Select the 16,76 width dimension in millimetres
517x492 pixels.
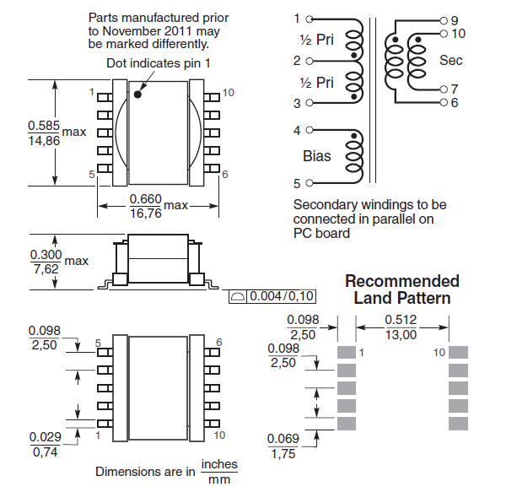(144, 214)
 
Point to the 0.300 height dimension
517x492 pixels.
(44, 254)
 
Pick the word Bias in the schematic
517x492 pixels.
(317, 156)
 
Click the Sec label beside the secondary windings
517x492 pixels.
(450, 60)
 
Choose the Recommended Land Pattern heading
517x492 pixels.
(401, 289)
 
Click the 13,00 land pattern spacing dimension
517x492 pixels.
(401, 335)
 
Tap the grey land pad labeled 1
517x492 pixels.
(347, 351)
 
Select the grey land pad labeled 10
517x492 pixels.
(458, 351)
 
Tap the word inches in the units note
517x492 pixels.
(219, 465)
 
